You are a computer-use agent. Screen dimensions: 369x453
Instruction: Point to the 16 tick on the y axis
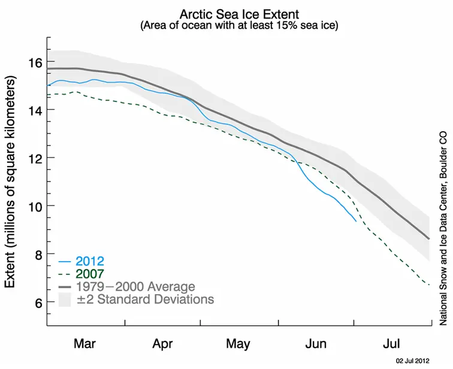[34, 62]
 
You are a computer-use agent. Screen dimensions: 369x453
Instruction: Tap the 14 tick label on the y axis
[34, 110]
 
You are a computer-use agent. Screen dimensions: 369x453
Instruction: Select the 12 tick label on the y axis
[34, 158]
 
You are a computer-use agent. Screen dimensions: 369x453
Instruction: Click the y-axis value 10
[34, 206]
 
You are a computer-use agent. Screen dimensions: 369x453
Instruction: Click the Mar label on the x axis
[85, 344]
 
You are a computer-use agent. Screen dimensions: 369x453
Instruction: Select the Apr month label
[162, 344]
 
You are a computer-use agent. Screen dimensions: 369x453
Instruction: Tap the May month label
[238, 344]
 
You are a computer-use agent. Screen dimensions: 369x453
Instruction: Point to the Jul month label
[392, 344]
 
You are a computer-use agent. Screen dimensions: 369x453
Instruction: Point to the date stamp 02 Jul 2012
[412, 361]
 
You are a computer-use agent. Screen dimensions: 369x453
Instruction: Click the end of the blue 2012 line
[356, 221]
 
